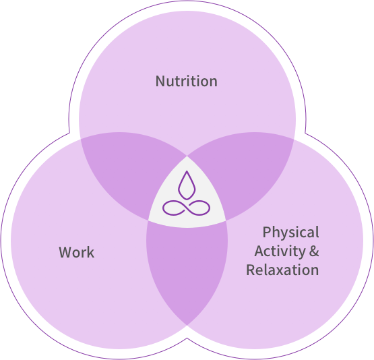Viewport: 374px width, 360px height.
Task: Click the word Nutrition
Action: tap(186, 81)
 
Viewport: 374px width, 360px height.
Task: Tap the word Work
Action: tap(77, 252)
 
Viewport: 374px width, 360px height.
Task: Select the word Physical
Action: tap(290, 233)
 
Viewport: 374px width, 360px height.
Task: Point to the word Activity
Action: tap(280, 251)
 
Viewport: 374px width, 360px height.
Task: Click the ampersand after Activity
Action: tap(314, 251)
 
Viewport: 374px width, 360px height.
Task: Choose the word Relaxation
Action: tap(282, 270)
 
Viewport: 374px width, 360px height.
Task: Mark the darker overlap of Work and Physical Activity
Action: tap(187, 270)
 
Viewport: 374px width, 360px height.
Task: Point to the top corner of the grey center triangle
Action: tap(187, 156)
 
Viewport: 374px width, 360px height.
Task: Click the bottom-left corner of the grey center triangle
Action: tap(148, 220)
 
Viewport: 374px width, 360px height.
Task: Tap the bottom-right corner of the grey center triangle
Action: tap(226, 221)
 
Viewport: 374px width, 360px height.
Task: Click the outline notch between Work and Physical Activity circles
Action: tap(187, 338)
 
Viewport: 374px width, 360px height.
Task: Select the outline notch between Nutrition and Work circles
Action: tap(69, 133)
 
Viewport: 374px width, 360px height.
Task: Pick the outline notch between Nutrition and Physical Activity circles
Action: tap(305, 133)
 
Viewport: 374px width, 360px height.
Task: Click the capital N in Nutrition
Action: tap(160, 81)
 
